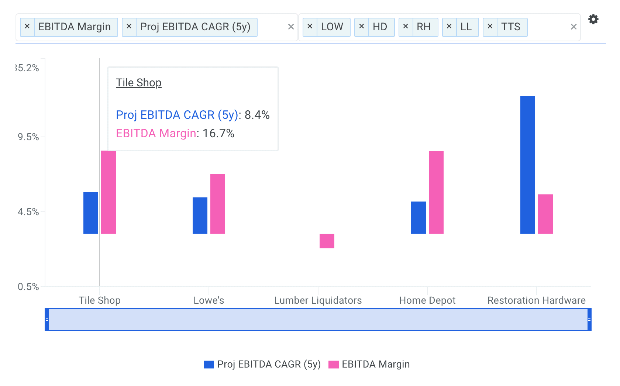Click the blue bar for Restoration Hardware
527,165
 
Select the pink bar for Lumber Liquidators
327,241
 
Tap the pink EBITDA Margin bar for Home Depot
436,192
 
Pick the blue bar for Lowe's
200,216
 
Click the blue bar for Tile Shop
90,213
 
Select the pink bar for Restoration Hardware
545,214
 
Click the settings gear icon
593,19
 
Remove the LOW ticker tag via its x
310,27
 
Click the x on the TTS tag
490,27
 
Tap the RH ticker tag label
424,27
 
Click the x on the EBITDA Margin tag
27,27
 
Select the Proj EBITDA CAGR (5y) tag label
195,27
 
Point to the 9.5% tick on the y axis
28,137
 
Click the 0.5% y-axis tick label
28,287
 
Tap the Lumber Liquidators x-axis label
318,300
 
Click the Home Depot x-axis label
427,300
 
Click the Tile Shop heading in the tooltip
139,83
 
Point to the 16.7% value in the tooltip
218,133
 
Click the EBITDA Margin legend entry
369,364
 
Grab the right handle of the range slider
589,320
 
